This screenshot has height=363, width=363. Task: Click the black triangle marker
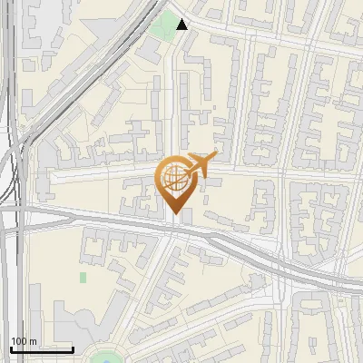coord(182,25)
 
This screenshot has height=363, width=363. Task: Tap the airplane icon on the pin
coord(198,166)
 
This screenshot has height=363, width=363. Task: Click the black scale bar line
coord(42,349)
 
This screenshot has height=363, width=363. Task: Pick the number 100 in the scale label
coord(20,342)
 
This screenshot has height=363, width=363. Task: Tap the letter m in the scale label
coord(34,342)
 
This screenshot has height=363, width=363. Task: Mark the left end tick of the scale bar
coord(11,348)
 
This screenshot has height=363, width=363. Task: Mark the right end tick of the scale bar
coord(73,348)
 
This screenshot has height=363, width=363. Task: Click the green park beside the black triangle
coord(164,25)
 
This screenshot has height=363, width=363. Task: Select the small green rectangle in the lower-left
coord(83,277)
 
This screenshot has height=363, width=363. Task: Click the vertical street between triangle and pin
coord(174,100)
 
